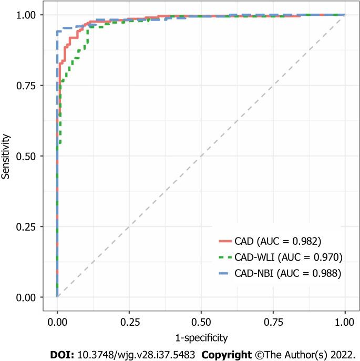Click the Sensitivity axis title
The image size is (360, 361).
coord(6,156)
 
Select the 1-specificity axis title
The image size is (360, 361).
coord(201,334)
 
